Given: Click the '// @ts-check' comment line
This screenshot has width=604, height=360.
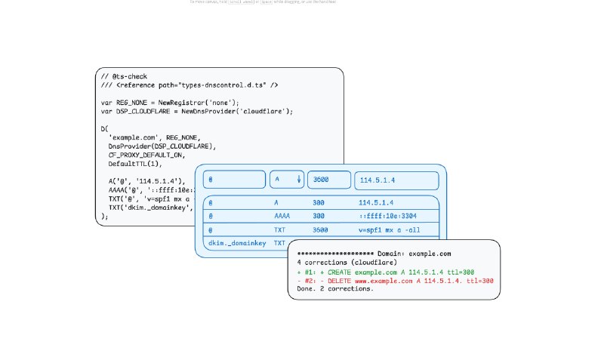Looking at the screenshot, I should tap(124, 77).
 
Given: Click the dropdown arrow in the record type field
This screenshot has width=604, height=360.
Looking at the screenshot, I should tap(299, 180).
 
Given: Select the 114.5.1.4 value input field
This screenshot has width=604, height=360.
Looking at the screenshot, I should tap(396, 180).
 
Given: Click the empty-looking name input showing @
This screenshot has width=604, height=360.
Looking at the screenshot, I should tap(234, 180).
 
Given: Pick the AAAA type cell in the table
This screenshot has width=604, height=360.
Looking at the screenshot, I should tap(282, 216).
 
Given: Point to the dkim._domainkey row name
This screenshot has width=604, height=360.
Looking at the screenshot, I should tap(230, 243).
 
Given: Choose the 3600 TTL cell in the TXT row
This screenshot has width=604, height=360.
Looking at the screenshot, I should tap(320, 229).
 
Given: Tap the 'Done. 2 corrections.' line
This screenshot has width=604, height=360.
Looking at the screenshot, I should tap(335, 289).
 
